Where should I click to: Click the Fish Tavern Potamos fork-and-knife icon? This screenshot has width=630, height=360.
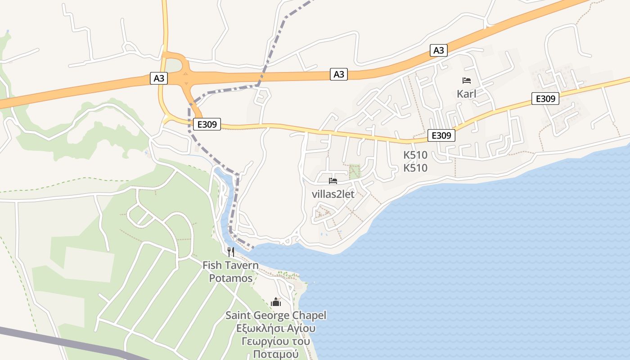point(230,252)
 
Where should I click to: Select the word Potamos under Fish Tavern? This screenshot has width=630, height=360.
point(230,278)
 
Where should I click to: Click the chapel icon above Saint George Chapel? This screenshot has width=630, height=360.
point(276,302)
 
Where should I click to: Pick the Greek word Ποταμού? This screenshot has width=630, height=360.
point(276,354)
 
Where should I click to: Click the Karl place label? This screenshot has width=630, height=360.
point(466,94)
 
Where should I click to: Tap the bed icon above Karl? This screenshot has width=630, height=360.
point(467,81)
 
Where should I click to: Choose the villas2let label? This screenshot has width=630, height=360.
point(333,194)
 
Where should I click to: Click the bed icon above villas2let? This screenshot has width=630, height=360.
point(333,181)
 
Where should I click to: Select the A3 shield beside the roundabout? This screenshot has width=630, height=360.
point(159,78)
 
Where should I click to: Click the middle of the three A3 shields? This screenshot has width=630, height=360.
point(339,74)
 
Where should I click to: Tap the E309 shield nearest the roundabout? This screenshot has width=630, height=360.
point(207,124)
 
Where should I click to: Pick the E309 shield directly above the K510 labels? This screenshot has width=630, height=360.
point(441,135)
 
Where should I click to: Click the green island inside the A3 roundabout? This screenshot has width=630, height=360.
point(175,65)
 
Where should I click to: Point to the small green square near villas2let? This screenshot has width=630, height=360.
point(355,171)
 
